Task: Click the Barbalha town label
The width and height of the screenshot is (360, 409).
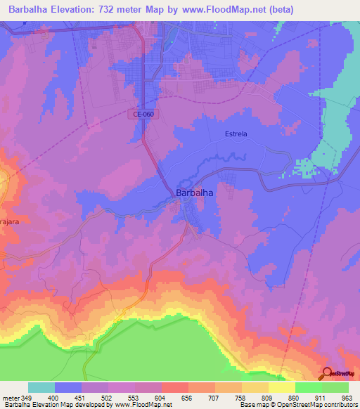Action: (194, 192)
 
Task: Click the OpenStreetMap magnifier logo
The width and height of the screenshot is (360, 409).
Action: (328, 373)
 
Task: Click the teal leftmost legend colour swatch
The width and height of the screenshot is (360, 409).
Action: (41, 387)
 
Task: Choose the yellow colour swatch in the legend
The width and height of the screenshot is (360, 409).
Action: (281, 387)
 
